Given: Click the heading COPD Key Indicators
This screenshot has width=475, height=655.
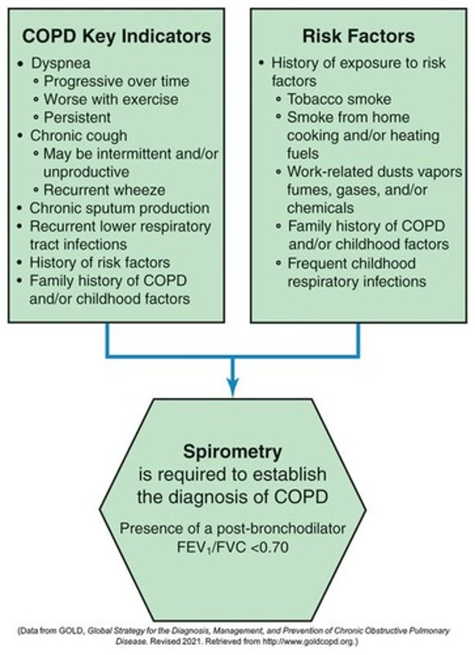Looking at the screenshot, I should [x=116, y=36].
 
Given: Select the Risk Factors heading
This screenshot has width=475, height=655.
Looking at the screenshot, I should [x=358, y=36].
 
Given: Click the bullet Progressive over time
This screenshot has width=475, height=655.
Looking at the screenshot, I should [x=116, y=81].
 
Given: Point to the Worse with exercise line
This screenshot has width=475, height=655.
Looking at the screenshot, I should [x=111, y=99].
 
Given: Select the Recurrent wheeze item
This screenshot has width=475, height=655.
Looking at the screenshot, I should [x=104, y=189].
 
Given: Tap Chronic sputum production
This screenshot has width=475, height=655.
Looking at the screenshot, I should [x=119, y=208].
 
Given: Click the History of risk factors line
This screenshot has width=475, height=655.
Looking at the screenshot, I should [x=100, y=262].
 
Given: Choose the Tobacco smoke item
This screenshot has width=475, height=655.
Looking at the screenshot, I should [x=339, y=99].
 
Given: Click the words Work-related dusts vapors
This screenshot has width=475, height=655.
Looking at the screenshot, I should [x=375, y=171].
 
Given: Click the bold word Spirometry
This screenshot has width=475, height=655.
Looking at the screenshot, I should [x=233, y=452].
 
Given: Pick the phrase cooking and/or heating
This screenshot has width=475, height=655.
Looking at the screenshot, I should [x=363, y=135].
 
